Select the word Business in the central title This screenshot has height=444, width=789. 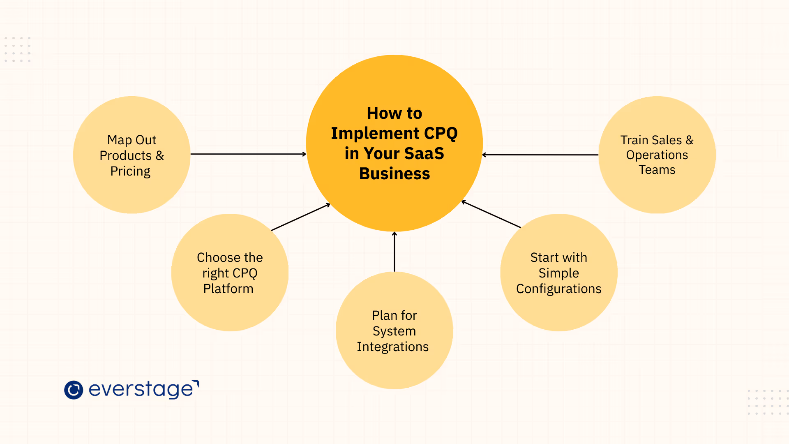(394, 173)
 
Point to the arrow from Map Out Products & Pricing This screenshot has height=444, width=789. (248, 154)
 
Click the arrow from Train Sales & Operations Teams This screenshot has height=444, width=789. (540, 155)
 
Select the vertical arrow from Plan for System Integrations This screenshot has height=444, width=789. (394, 252)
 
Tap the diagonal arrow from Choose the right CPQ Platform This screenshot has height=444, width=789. (300, 217)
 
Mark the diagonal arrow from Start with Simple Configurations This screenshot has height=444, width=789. (491, 214)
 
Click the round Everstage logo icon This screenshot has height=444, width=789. (74, 390)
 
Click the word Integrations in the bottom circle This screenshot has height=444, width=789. (392, 347)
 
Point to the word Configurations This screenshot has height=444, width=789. (558, 289)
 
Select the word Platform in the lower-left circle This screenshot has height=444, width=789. (228, 289)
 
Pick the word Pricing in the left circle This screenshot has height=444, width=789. (130, 171)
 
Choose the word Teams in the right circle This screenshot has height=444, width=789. (657, 170)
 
